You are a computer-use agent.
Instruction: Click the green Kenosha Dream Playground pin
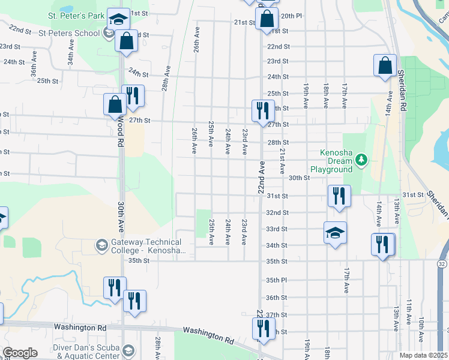[x=361, y=160]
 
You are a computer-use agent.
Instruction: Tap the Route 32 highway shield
[x=442, y=263]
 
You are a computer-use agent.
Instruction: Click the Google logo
[x=20, y=353]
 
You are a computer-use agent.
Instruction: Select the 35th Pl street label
[x=277, y=280]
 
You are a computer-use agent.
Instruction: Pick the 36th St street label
[x=277, y=298]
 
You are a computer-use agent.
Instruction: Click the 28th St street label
[x=278, y=142]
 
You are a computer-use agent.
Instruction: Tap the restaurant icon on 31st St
[x=339, y=196]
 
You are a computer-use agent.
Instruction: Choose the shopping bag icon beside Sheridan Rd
[x=385, y=66]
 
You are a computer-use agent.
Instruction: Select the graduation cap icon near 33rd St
[x=335, y=233]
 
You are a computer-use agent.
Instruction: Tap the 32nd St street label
[x=277, y=212]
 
